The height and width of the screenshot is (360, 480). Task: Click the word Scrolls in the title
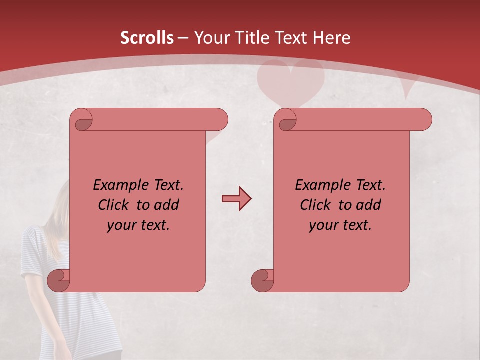(147, 38)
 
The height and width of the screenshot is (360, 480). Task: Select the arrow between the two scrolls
(236, 199)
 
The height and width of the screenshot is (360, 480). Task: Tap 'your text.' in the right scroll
(340, 225)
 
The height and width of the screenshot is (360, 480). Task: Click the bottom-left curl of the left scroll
(59, 280)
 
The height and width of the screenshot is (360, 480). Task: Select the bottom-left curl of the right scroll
(262, 280)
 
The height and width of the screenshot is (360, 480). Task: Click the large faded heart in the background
(290, 82)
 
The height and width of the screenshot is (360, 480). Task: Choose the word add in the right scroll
(369, 205)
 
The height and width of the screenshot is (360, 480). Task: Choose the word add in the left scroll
(167, 205)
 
